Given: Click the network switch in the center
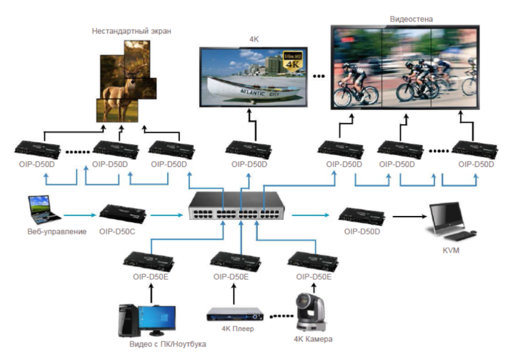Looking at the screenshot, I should coord(237,206).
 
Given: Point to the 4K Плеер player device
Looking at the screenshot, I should coord(236,315).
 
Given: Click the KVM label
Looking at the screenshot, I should coord(450,250).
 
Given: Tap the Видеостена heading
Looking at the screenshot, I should coord(411,19).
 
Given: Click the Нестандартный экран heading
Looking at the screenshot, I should coord(132,31).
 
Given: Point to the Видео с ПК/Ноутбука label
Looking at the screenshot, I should coord(168,344).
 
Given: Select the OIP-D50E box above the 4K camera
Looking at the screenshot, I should coord(314,261).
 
